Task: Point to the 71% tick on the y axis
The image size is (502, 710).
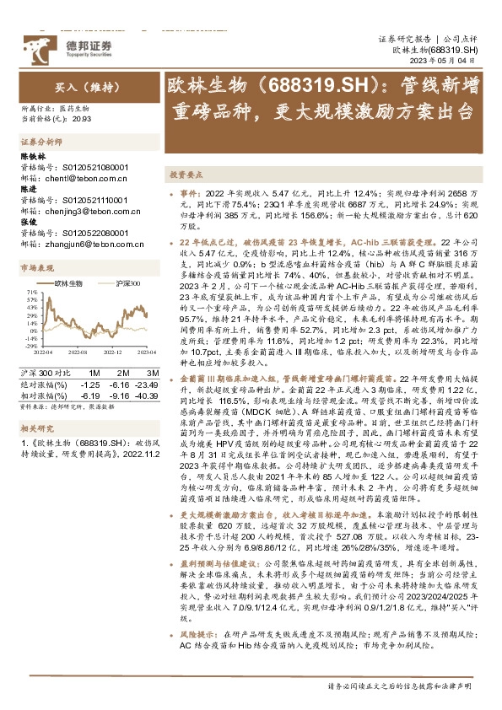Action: pyautogui.click(x=31, y=292)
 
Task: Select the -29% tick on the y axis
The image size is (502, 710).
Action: pyautogui.click(x=31, y=345)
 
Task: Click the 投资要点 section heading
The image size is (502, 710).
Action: pyautogui.click(x=186, y=175)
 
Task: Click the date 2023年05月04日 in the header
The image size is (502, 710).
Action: pyautogui.click(x=448, y=62)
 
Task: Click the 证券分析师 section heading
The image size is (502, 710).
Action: pyautogui.click(x=37, y=142)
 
